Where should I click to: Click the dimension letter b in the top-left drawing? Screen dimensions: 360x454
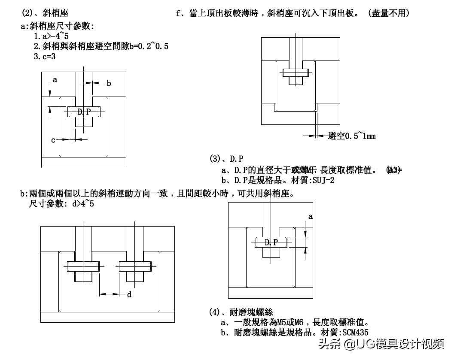[109, 83]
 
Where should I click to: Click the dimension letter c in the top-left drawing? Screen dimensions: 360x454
[53, 140]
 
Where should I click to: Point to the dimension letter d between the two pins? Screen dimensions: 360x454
[129, 294]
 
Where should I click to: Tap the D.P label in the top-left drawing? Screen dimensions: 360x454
[84, 112]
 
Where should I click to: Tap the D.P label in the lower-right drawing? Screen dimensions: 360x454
[271, 242]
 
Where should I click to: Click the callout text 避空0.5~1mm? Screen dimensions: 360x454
[352, 136]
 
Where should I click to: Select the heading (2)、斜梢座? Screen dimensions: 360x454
[45, 13]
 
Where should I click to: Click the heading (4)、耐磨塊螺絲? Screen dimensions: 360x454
[241, 312]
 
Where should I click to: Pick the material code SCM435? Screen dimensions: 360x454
[355, 332]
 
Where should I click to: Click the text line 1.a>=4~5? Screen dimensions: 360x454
[52, 37]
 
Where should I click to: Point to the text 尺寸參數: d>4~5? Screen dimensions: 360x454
[61, 204]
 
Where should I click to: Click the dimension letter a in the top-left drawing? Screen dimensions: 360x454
[55, 80]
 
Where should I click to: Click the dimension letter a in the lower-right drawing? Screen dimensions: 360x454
[311, 216]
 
